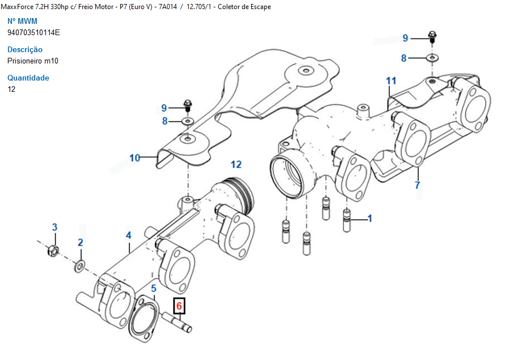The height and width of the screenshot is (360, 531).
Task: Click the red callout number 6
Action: point(180,307)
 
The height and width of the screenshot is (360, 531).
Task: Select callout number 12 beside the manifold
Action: point(236,164)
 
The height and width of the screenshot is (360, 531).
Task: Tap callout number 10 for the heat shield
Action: point(134,158)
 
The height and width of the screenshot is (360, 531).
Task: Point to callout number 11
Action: point(391,81)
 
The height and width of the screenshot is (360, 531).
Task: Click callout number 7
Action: point(418,185)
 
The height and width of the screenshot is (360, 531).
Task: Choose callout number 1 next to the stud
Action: point(369,218)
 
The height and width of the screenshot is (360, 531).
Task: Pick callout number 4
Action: point(129,235)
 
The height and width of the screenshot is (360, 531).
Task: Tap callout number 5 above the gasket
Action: point(153,289)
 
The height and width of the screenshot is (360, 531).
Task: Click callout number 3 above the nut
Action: point(55,227)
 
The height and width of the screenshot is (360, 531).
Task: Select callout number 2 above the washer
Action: point(80,243)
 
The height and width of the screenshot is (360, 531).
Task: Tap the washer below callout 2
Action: point(79,265)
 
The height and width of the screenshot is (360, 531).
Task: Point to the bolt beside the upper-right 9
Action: point(431,37)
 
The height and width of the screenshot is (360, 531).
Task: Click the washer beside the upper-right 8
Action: point(432,58)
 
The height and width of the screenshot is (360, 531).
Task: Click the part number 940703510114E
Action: point(33,32)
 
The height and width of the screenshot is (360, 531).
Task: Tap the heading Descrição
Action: point(25,49)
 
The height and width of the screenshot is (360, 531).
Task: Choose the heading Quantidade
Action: point(28,78)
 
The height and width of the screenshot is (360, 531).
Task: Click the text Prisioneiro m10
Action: point(33,61)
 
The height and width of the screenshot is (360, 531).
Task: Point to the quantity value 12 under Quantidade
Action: point(11,89)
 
